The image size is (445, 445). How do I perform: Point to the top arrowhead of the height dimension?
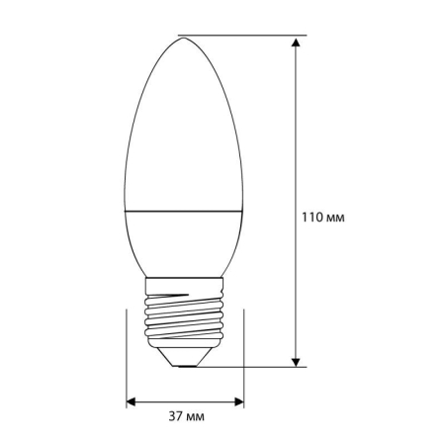click(297, 43)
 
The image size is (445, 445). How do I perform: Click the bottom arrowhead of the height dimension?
click(297, 360)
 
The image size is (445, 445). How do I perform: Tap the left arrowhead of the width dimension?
click(133, 401)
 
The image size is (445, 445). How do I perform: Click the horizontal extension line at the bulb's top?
click(247, 37)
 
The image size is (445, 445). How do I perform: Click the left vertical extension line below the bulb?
click(127, 356)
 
